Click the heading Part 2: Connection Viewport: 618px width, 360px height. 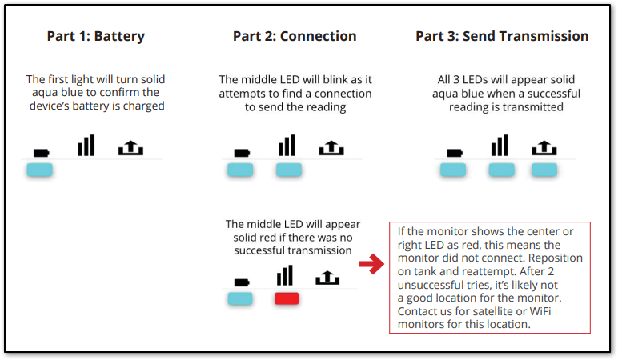coord(295,37)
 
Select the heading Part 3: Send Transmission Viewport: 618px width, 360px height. coord(502,37)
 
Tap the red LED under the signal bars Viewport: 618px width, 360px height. coord(287,298)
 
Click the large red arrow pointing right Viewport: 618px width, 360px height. coord(371,266)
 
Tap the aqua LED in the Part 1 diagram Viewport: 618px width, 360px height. coord(39,170)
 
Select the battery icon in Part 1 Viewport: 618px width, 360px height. coord(40,151)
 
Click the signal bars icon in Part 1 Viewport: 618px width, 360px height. coord(86,146)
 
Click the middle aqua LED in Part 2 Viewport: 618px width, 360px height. coord(288,170)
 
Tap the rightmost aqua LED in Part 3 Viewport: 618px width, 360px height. coord(544,170)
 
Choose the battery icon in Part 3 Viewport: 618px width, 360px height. coord(455,151)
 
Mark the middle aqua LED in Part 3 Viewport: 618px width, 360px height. coord(502,170)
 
